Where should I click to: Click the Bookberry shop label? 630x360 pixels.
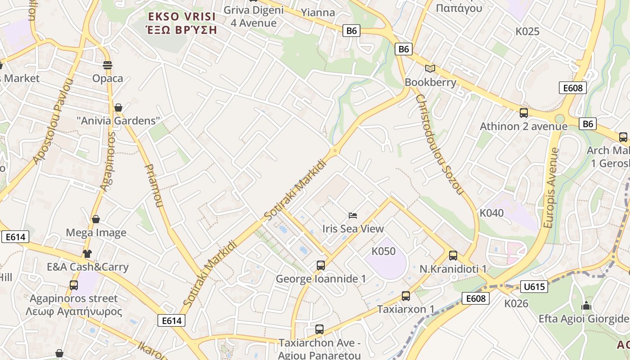(430, 82)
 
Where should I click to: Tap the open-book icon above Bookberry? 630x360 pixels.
(430, 68)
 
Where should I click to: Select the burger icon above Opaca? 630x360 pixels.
(107, 65)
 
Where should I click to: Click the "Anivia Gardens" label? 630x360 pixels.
(118, 121)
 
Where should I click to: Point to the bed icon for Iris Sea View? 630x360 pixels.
(353, 216)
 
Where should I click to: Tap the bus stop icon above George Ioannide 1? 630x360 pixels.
(320, 265)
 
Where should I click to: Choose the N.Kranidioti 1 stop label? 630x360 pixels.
(453, 269)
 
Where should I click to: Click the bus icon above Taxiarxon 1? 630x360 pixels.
(405, 296)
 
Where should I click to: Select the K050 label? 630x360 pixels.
(383, 251)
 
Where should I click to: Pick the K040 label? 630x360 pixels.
(491, 213)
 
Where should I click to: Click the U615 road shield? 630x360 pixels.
(534, 287)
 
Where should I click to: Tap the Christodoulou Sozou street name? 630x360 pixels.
(439, 144)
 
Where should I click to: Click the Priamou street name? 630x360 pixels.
(153, 185)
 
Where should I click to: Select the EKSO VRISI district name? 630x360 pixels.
(182, 17)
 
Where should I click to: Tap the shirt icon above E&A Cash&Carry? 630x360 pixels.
(87, 254)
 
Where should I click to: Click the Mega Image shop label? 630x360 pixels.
(96, 233)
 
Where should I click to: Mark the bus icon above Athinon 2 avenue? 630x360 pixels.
(523, 113)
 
